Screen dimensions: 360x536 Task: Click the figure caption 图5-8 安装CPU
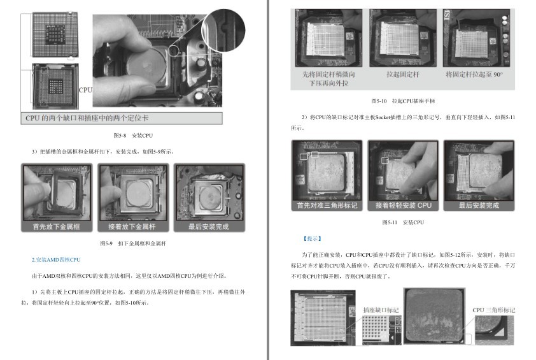(x=133, y=135)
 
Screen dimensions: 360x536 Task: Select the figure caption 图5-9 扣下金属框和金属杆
(x=133, y=243)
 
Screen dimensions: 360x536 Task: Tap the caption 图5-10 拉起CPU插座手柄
(x=403, y=101)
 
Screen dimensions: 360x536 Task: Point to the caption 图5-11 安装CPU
(x=403, y=222)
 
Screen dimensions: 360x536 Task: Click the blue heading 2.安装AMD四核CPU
(x=57, y=260)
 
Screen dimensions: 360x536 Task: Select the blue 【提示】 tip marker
(x=312, y=238)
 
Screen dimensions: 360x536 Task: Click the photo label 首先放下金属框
(x=57, y=227)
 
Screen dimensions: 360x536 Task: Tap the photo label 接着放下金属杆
(x=132, y=227)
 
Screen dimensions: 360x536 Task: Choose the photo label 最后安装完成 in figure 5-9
(x=209, y=227)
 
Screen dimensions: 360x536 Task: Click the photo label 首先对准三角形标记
(x=327, y=206)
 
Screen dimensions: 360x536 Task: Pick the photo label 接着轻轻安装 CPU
(x=403, y=206)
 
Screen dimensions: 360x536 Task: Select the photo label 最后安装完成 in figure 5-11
(x=479, y=206)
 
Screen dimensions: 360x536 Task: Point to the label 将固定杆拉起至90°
(x=474, y=75)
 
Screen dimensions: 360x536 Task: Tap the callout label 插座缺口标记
(x=381, y=310)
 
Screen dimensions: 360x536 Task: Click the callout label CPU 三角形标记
(x=493, y=310)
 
